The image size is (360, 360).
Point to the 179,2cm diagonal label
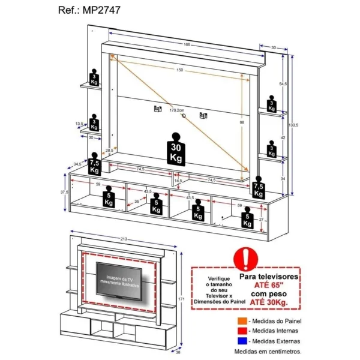pyautogui.click(x=176, y=110)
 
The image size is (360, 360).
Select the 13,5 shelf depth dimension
pyautogui.click(x=79, y=124)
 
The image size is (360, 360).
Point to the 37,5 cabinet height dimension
pyautogui.click(x=63, y=193)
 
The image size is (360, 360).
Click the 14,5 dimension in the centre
pyautogui.click(x=178, y=181)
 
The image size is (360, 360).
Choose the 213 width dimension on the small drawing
pyautogui.click(x=124, y=238)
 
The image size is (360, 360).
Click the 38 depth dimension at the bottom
pyautogui.click(x=178, y=353)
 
